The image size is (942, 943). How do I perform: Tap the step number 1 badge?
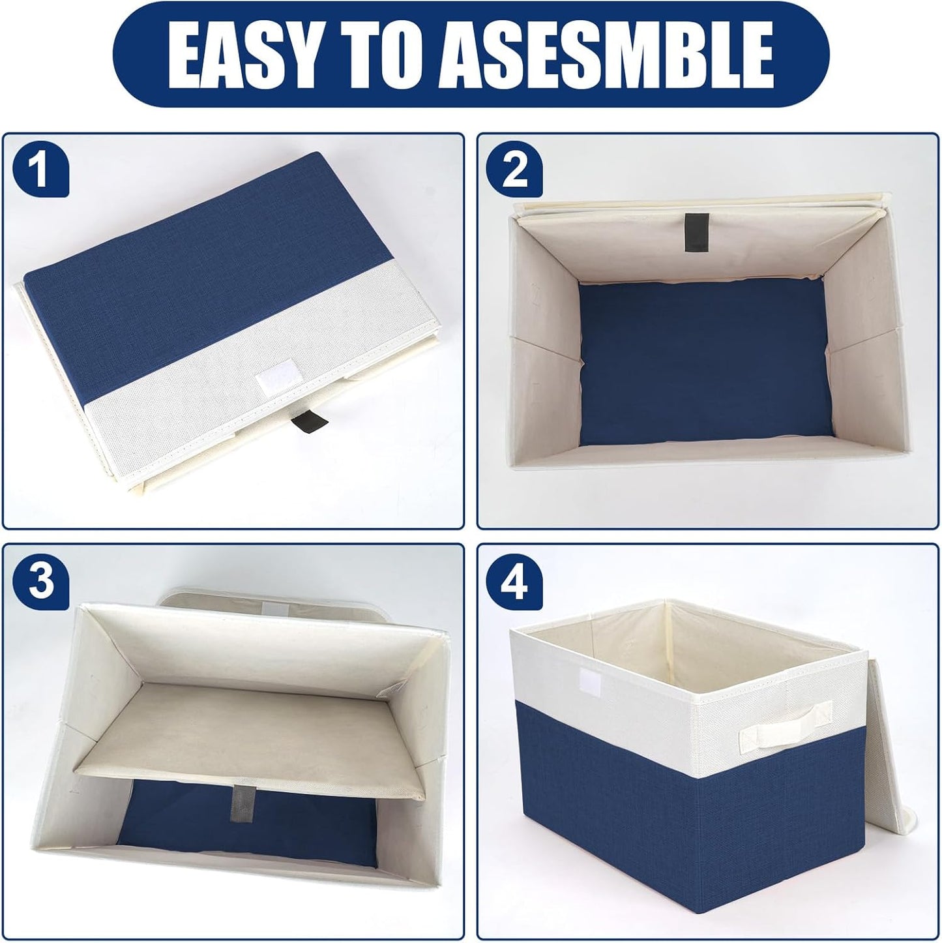pos(41,172)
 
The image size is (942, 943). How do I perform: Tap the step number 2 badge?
pos(516,172)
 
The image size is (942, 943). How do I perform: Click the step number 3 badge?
pos(41,581)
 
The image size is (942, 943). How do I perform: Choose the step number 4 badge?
pos(516,581)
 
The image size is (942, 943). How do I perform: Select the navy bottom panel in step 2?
pos(704,365)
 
